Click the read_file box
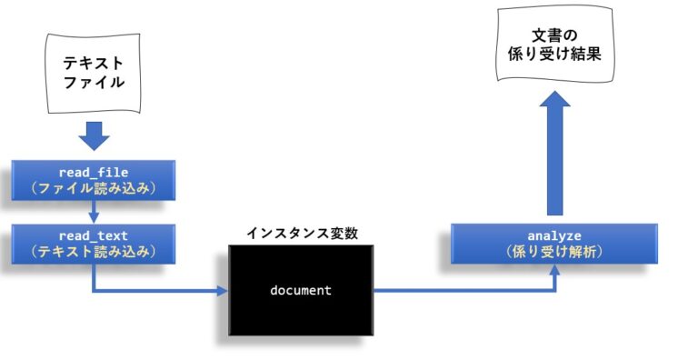93,180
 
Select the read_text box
93,242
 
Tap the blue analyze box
553,244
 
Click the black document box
301,291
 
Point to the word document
301,291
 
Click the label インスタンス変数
302,233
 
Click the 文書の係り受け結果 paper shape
554,45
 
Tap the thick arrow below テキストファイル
93,136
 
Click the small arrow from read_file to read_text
93,212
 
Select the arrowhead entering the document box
222,291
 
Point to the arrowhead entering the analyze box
554,270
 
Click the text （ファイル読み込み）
93,189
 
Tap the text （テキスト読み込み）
93,251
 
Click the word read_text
93,234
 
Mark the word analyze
553,235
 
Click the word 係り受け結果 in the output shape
554,55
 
